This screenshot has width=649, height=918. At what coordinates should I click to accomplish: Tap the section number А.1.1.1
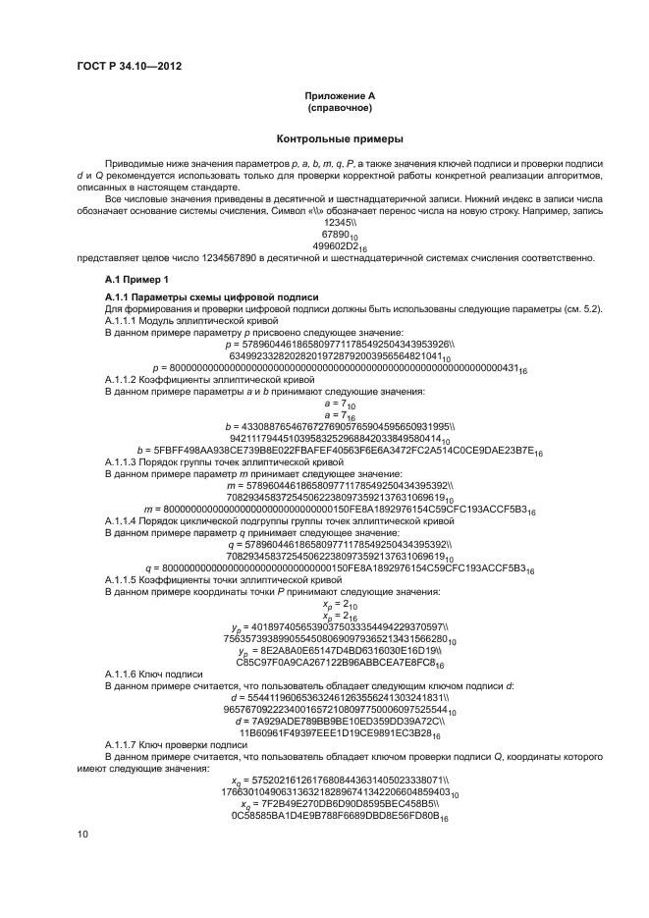pyautogui.click(x=124, y=321)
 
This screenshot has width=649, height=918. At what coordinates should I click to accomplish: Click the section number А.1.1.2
pyautogui.click(x=124, y=379)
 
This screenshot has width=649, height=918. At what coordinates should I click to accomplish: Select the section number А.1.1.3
pyautogui.click(x=124, y=460)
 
